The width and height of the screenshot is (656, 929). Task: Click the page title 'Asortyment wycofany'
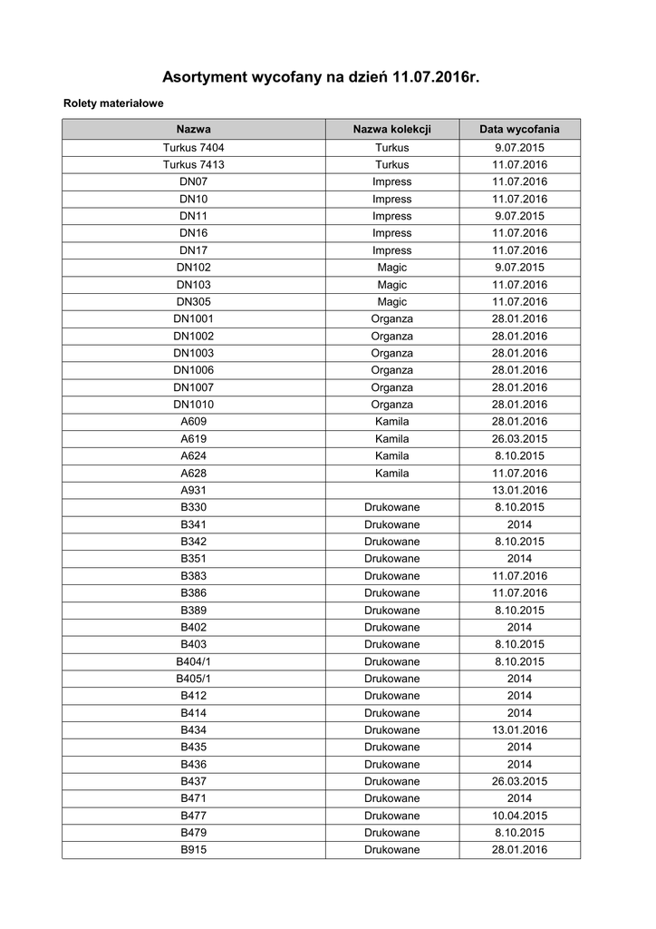coord(320,78)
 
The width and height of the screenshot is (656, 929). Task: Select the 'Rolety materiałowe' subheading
coord(113,104)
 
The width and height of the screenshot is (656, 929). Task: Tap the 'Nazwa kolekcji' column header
coord(391,129)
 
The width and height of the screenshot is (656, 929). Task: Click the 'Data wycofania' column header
coord(519,129)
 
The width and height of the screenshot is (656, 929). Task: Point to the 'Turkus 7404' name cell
coord(194,147)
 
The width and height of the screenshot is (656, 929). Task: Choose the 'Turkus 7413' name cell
coord(194,164)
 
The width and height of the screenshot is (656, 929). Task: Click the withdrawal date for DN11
coord(519,216)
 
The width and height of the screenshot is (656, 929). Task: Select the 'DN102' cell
coord(194,268)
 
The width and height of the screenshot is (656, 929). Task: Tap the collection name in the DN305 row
coord(391,302)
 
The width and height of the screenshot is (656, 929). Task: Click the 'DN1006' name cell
coord(194,370)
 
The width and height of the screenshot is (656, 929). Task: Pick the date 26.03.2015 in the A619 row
coord(519,439)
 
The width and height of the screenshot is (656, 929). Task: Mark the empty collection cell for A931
coord(391,491)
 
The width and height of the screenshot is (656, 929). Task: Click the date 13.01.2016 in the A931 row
coord(519,491)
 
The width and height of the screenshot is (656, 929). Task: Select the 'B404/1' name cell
coord(194,661)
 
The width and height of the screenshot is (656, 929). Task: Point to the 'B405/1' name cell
coord(194,679)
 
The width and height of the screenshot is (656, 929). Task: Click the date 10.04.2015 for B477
coord(519,816)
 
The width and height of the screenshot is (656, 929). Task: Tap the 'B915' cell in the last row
coord(194,850)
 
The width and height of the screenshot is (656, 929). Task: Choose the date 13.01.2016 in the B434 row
coord(519,730)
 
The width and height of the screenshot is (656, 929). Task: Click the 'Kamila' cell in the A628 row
coord(391,474)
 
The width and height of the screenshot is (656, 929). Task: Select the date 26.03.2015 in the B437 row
coord(519,781)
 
